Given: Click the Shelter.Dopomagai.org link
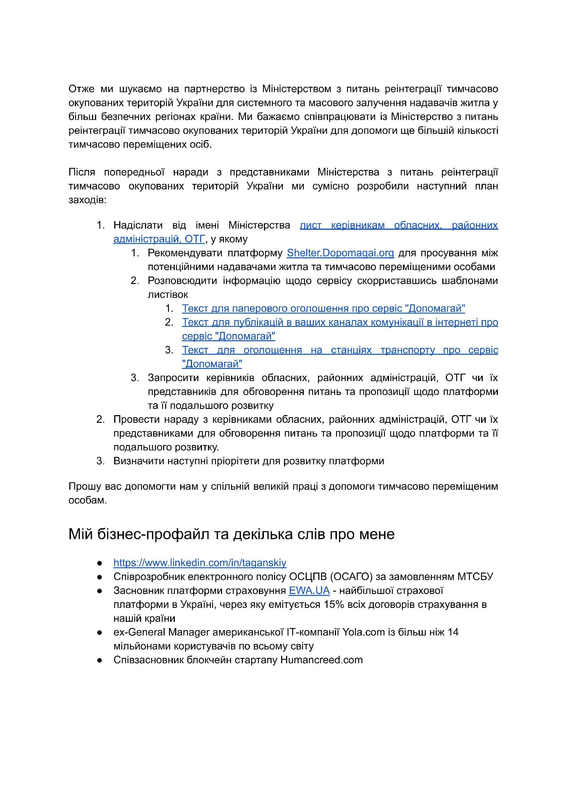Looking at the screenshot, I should click(x=340, y=253).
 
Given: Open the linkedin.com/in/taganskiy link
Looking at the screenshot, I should click(x=200, y=563).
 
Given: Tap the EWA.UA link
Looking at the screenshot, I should click(x=309, y=590).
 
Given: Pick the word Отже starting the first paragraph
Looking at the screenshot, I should click(x=81, y=89).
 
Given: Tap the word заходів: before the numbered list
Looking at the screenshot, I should click(x=87, y=200).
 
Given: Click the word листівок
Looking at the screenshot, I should click(x=167, y=294).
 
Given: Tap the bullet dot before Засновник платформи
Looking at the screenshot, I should click(x=100, y=591).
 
